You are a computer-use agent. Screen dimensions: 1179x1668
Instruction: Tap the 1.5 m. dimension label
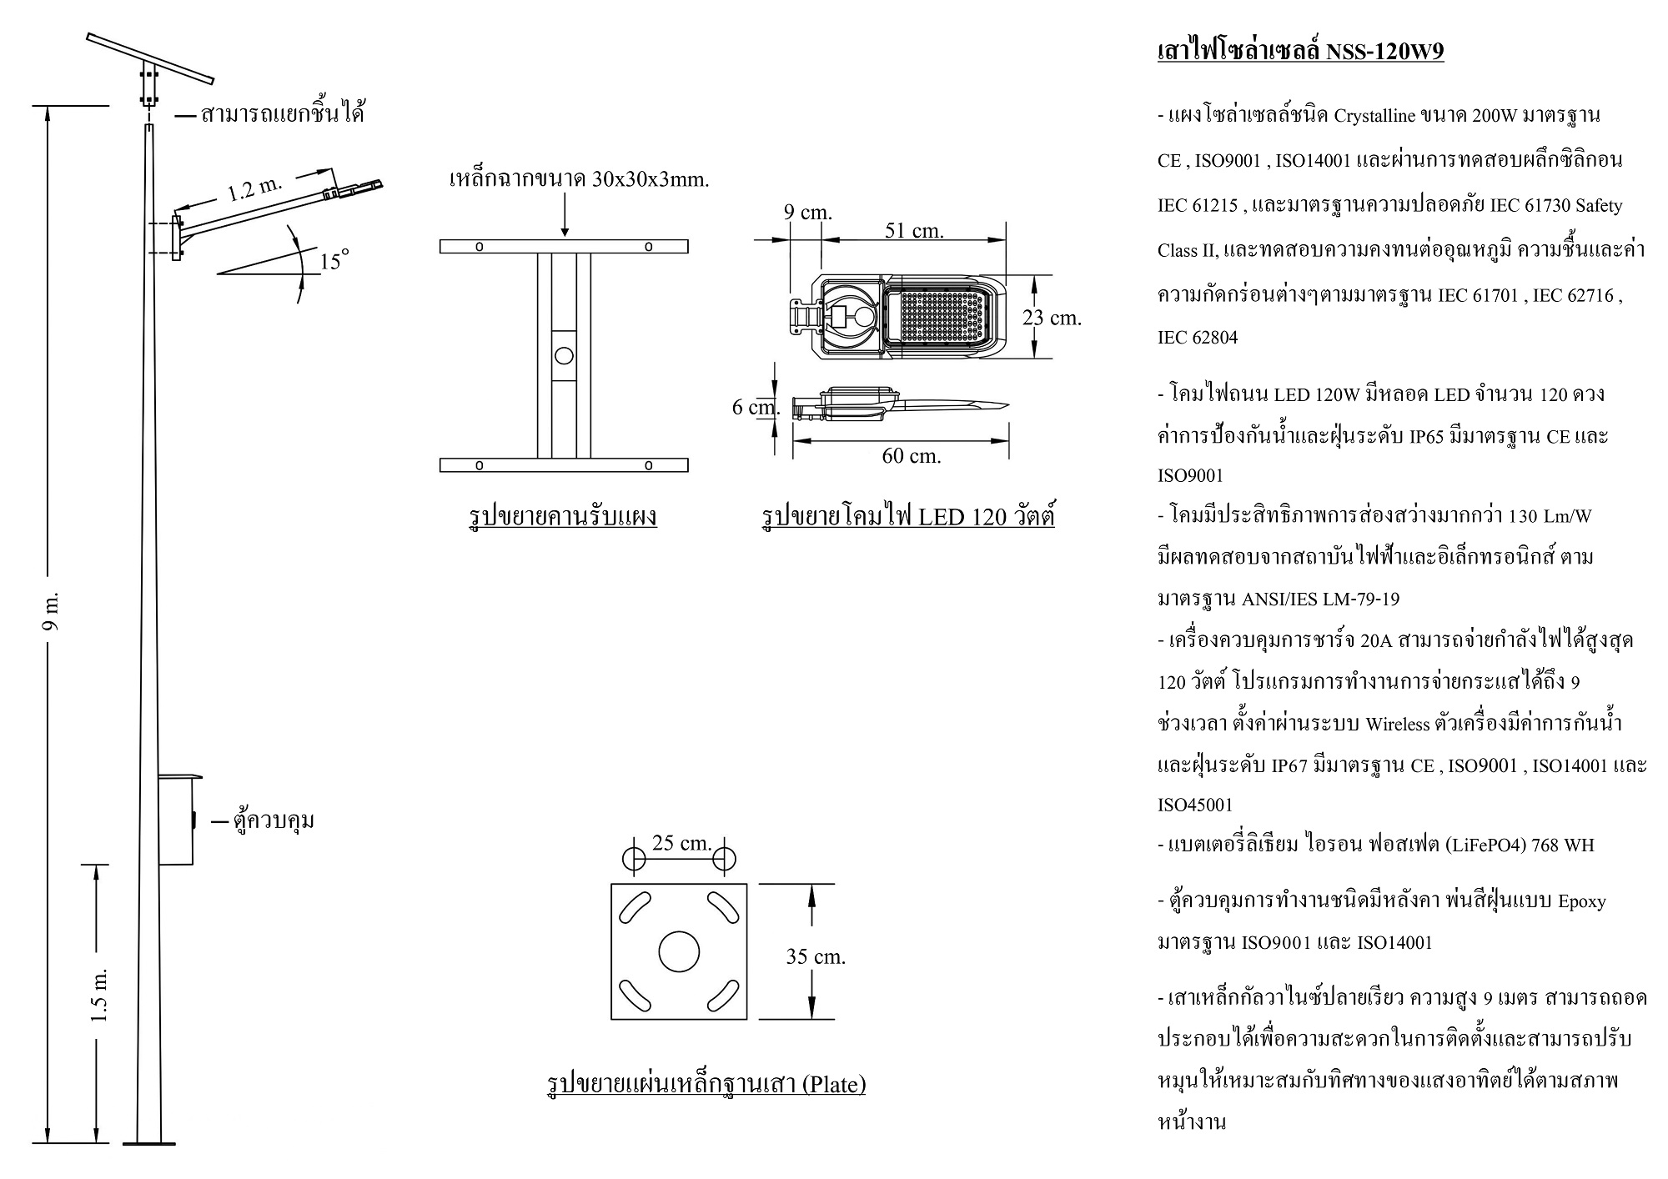pyautogui.click(x=99, y=996)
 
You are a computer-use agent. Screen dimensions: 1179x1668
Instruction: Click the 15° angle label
pyautogui.click(x=332, y=261)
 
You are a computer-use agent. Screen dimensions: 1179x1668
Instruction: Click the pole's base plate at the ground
pyautogui.click(x=149, y=1143)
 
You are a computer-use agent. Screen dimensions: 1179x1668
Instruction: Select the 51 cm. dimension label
pyautogui.click(x=914, y=230)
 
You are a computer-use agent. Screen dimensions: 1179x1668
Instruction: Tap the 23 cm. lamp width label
pyautogui.click(x=1052, y=318)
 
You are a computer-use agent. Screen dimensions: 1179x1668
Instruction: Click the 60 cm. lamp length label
pyautogui.click(x=912, y=456)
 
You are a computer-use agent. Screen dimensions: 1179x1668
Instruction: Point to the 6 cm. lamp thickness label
pyautogui.click(x=755, y=407)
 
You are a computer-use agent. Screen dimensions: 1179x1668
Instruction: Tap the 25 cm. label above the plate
pyautogui.click(x=681, y=843)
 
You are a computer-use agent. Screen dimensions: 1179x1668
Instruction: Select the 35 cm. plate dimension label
pyautogui.click(x=816, y=956)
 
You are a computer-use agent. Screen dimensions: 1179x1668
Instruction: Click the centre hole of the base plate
pyautogui.click(x=679, y=951)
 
